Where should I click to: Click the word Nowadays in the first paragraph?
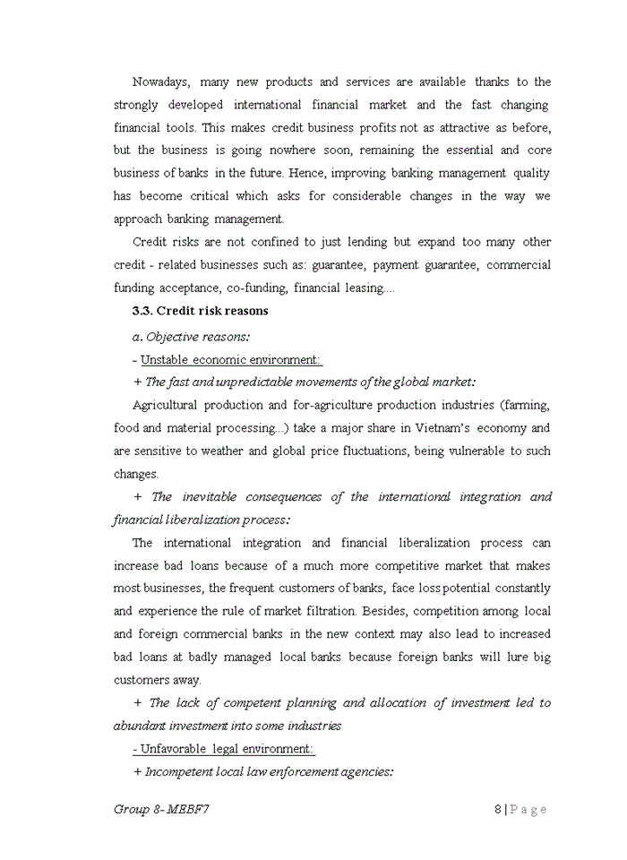click(159, 82)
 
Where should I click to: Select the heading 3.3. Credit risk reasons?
click(200, 312)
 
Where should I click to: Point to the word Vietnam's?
click(428, 428)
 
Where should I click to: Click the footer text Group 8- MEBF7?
click(162, 810)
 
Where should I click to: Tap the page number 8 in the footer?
click(497, 810)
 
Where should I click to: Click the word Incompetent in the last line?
click(179, 771)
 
